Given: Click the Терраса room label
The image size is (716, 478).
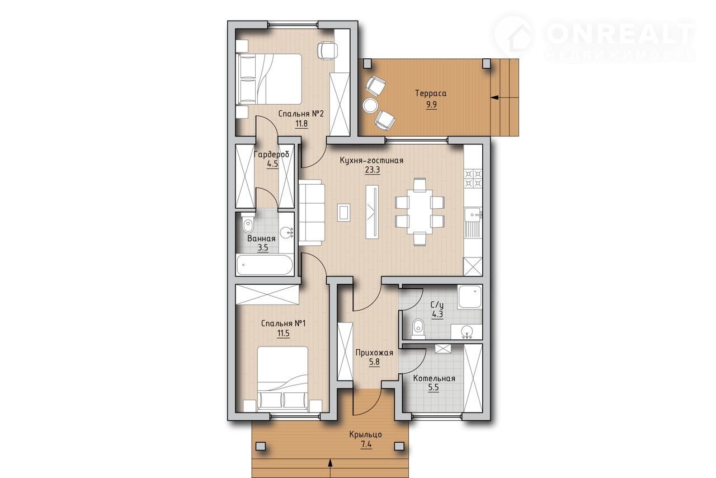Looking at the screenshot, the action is pyautogui.click(x=431, y=93).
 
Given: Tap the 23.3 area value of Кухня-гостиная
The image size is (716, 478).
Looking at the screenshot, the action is pyautogui.click(x=373, y=170).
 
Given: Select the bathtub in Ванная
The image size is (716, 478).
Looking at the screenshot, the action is pyautogui.click(x=265, y=265).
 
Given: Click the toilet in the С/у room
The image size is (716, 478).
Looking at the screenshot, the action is pyautogui.click(x=418, y=329).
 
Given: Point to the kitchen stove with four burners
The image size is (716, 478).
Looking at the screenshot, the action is pyautogui.click(x=473, y=178).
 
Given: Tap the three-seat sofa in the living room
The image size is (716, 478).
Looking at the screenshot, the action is pyautogui.click(x=312, y=213).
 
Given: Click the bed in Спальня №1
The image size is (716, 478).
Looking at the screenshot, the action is pyautogui.click(x=282, y=379).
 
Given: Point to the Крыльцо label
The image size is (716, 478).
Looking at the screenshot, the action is pyautogui.click(x=366, y=434).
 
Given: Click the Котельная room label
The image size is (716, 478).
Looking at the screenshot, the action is pyautogui.click(x=434, y=378).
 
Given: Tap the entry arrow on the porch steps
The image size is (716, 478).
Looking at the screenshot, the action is pyautogui.click(x=330, y=465).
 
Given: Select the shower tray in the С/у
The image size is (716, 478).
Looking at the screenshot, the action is pyautogui.click(x=469, y=297).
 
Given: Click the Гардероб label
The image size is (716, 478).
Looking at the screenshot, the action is pyautogui.click(x=271, y=154).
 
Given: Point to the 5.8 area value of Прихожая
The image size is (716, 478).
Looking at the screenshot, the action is pyautogui.click(x=374, y=362).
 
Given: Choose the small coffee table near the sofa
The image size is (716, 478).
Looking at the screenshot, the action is pyautogui.click(x=343, y=212).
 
